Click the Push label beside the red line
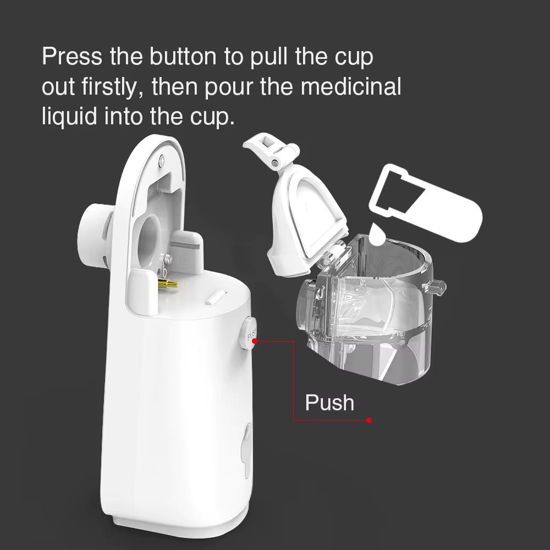click(329, 403)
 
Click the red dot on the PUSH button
click(255, 340)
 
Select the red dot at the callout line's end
click(369, 421)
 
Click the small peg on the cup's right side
click(437, 287)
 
